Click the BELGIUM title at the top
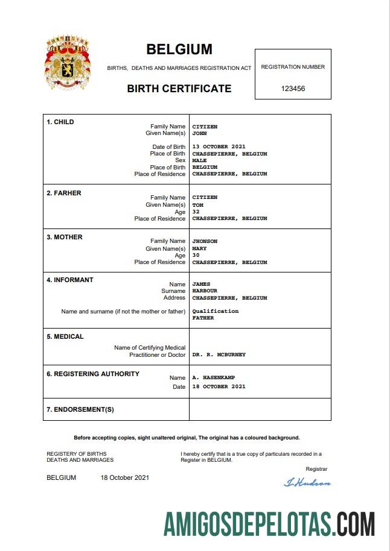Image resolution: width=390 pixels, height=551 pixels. pyautogui.click(x=179, y=49)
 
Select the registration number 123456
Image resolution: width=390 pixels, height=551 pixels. pyautogui.click(x=293, y=88)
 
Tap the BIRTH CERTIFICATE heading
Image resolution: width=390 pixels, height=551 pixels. pyautogui.click(x=179, y=89)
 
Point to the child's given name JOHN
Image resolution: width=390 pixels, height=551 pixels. pyautogui.click(x=199, y=134)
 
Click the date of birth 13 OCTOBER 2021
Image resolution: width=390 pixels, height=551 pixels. pyautogui.click(x=219, y=147)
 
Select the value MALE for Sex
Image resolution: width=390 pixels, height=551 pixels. pyautogui.click(x=199, y=161)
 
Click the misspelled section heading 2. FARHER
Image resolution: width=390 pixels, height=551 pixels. pyautogui.click(x=64, y=193)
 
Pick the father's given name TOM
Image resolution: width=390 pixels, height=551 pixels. pyautogui.click(x=197, y=205)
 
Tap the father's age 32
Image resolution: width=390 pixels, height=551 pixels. pyautogui.click(x=196, y=212)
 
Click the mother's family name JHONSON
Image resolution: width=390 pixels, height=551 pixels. pyautogui.click(x=205, y=241)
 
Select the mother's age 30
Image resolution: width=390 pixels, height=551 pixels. pyautogui.click(x=196, y=255)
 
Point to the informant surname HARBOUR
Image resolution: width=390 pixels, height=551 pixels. pyautogui.click(x=205, y=291)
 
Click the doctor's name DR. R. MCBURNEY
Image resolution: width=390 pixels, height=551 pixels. pyautogui.click(x=219, y=355)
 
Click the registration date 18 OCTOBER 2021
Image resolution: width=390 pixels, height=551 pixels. pyautogui.click(x=219, y=386)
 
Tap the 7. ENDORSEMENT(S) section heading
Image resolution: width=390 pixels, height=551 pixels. pyautogui.click(x=80, y=410)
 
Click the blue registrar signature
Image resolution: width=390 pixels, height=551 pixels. pyautogui.click(x=307, y=482)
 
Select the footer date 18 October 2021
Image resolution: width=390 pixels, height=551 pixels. pyautogui.click(x=124, y=478)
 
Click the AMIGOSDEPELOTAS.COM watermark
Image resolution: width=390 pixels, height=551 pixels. pyautogui.click(x=269, y=523)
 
